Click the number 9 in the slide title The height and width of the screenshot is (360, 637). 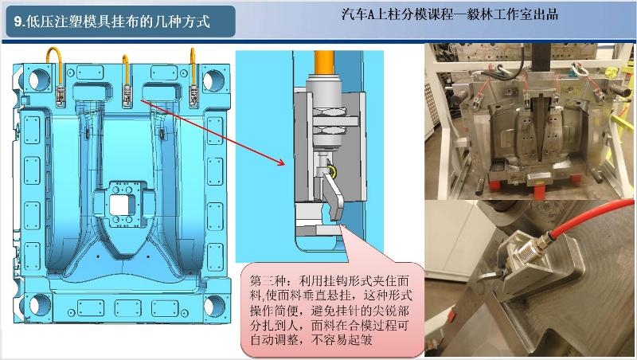click(x=18, y=22)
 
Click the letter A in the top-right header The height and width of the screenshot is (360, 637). click(x=372, y=14)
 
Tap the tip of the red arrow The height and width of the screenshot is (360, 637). click(x=284, y=165)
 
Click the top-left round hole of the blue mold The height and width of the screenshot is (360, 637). click(x=39, y=79)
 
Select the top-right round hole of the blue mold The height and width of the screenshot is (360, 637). click(x=213, y=80)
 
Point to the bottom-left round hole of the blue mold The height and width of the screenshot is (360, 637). click(x=40, y=305)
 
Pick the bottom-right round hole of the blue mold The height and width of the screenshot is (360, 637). click(x=213, y=306)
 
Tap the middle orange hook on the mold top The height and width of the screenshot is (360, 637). click(x=126, y=69)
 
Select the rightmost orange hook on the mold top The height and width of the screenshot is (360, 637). click(x=193, y=67)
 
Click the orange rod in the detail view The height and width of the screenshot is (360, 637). click(x=324, y=63)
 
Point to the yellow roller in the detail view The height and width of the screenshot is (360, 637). click(x=333, y=172)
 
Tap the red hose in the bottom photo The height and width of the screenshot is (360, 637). click(x=589, y=217)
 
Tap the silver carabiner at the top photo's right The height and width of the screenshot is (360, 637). click(x=580, y=69)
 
